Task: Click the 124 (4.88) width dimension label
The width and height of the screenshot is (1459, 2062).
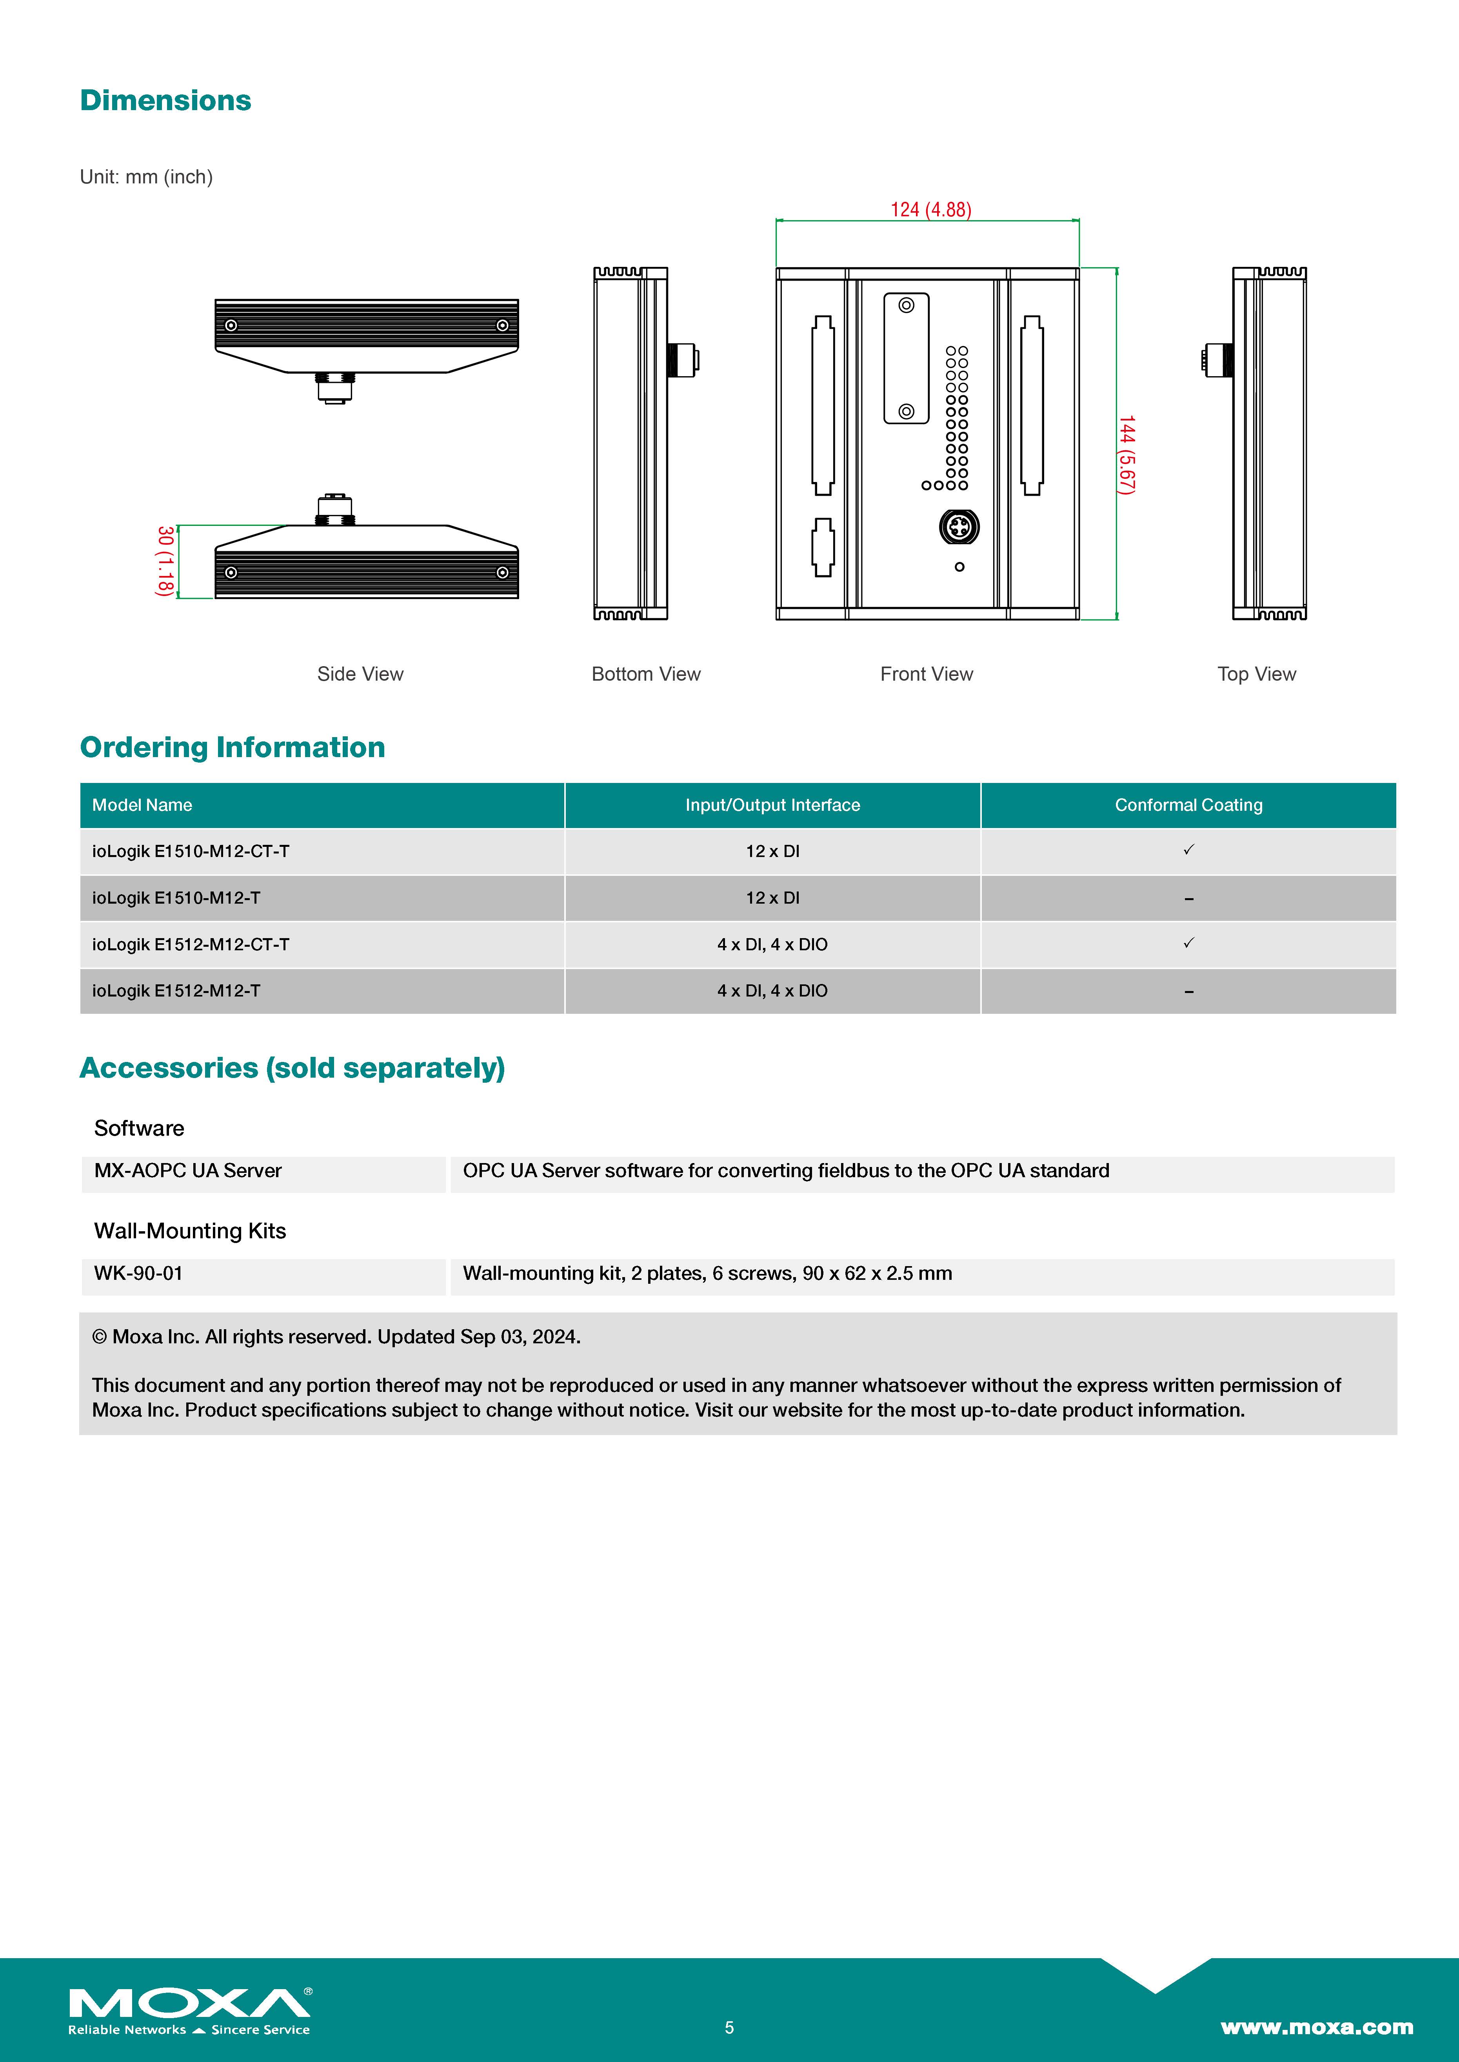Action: click(x=931, y=209)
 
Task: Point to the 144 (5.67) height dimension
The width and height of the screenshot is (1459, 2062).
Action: click(x=1127, y=455)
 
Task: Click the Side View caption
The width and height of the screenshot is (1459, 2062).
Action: click(x=360, y=674)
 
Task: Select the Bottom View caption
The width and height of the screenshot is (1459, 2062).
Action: click(x=646, y=674)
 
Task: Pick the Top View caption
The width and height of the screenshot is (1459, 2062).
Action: click(x=1256, y=674)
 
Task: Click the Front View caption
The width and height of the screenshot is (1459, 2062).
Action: click(x=926, y=674)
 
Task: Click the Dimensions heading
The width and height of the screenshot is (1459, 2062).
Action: click(x=165, y=101)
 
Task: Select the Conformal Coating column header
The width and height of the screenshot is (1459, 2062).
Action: click(x=1188, y=805)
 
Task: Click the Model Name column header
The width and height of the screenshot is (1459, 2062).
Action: click(x=142, y=805)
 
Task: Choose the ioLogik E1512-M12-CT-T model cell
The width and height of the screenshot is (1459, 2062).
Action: click(x=191, y=944)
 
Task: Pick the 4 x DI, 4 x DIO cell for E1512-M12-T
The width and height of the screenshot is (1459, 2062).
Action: click(x=772, y=991)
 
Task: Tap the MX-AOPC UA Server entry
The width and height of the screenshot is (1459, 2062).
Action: click(x=188, y=1170)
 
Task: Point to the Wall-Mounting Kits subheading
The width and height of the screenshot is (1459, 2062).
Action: click(x=189, y=1230)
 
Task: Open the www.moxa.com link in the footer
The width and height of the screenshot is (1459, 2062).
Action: click(x=1316, y=2027)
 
